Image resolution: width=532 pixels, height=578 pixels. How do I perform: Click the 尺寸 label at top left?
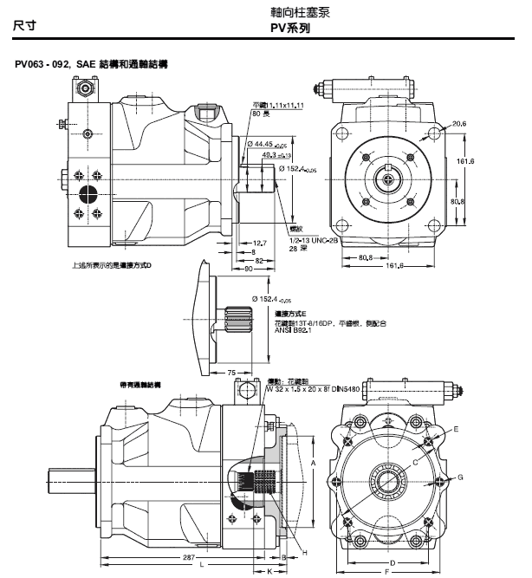tap(27, 28)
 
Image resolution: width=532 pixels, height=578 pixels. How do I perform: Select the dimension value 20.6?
tap(458, 124)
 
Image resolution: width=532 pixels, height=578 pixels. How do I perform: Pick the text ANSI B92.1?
tap(293, 330)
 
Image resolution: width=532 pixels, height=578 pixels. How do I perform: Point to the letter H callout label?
tap(304, 552)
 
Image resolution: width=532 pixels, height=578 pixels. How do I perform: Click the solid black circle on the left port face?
tap(88, 192)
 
